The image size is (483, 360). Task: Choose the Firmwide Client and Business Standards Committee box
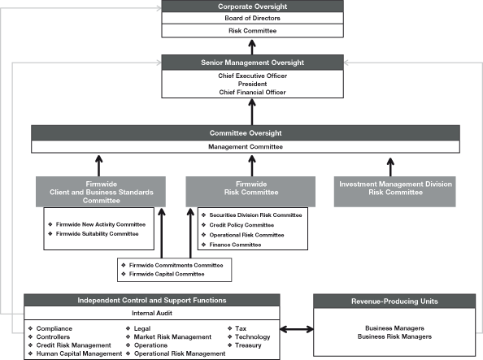95,192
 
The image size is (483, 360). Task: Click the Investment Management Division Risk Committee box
395,189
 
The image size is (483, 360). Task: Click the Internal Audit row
153,313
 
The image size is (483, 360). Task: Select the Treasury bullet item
248,345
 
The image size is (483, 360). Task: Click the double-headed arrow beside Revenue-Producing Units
298,330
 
